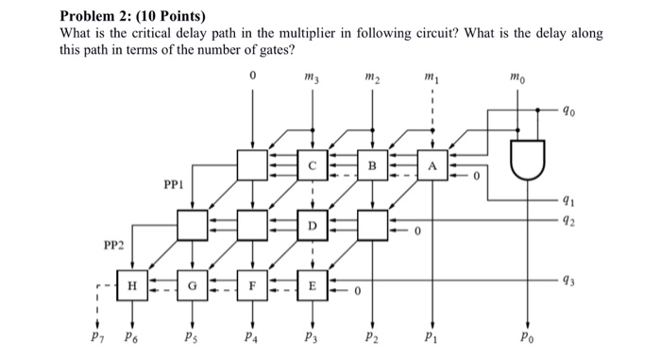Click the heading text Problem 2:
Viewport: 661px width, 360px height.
click(99, 16)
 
